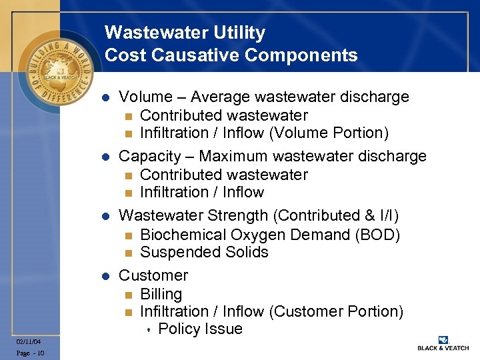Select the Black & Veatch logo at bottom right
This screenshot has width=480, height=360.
click(443, 343)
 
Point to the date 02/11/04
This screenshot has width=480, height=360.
click(30, 341)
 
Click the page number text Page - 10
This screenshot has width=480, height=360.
click(30, 353)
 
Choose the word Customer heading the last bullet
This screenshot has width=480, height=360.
click(153, 275)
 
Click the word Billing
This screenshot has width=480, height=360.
click(161, 294)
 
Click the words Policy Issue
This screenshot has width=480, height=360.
click(200, 329)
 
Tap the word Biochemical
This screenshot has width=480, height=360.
click(183, 235)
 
